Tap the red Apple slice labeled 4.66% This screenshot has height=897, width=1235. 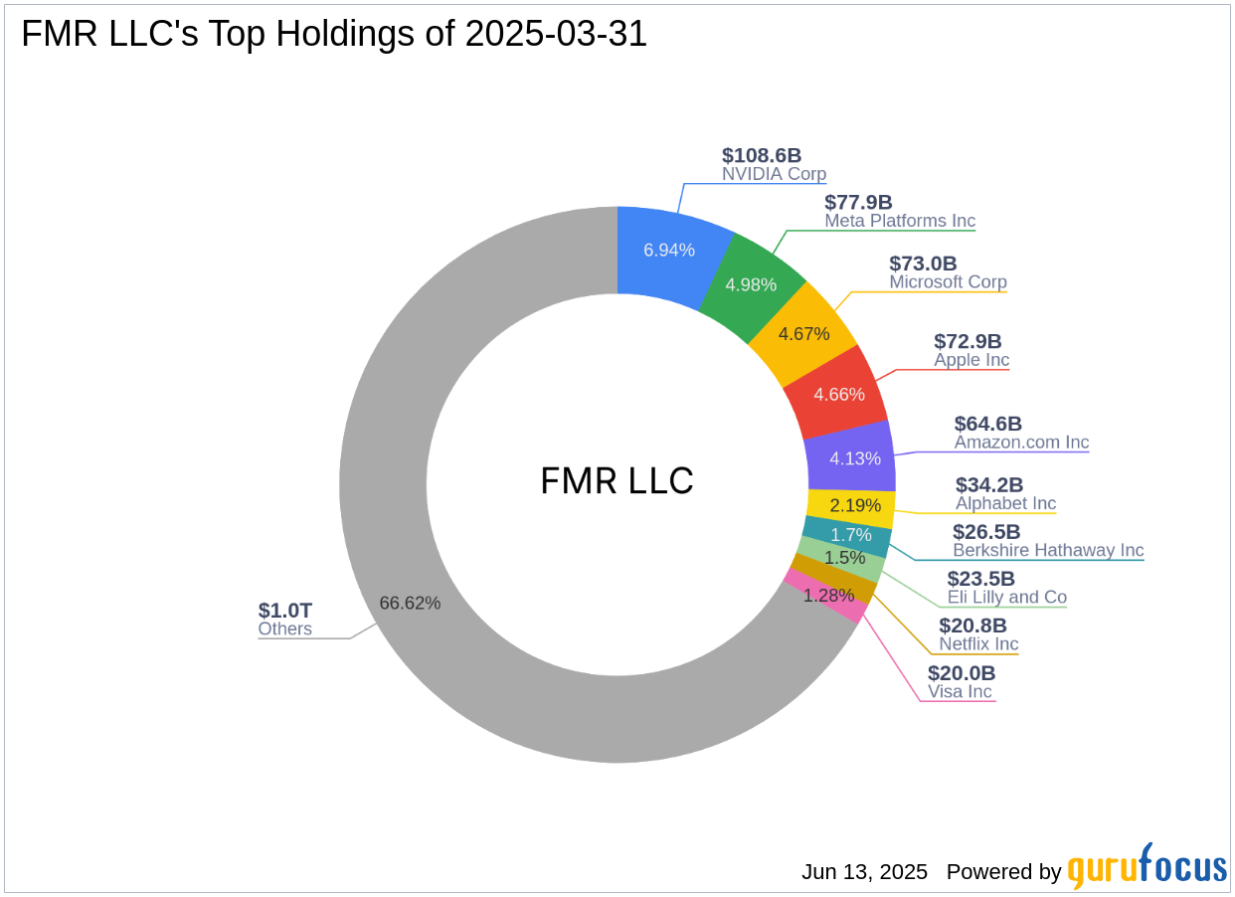pos(838,394)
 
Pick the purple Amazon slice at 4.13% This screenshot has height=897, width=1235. pos(854,458)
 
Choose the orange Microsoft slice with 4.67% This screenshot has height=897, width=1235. pos(804,333)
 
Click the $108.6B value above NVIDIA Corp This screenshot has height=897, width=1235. pos(762,155)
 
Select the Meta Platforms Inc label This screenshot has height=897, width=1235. pos(900,221)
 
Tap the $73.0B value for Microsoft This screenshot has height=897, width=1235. pos(923,264)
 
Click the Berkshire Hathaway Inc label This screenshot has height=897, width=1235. pos(1048,550)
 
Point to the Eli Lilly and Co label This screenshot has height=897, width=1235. pos(1006,597)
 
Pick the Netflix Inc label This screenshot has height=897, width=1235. pos(978,643)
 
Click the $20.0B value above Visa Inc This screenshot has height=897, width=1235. pos(962,673)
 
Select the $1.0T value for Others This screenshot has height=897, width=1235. pos(284,610)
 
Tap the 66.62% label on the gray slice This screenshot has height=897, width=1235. pos(410,603)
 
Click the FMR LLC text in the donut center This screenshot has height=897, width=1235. pos(617,481)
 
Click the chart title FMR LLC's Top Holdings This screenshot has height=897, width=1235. pos(334,34)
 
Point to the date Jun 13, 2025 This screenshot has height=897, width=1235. pos(864,872)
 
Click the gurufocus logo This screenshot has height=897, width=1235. pos(1147,868)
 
